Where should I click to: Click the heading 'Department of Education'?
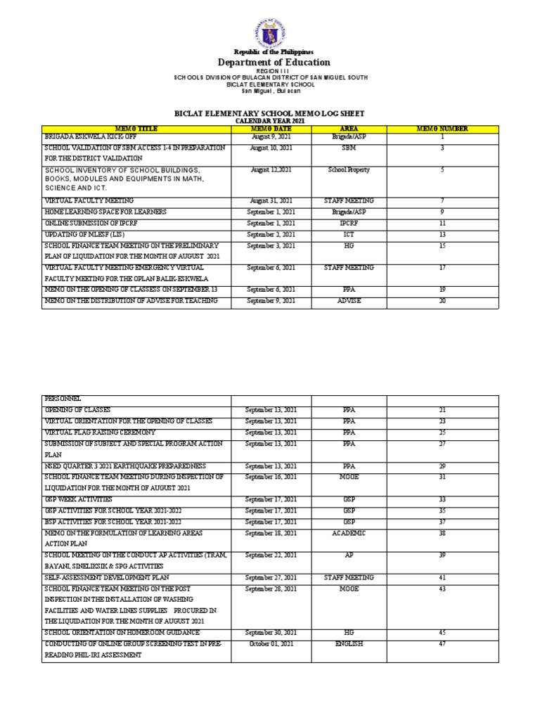pos(271,63)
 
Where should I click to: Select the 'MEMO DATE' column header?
pos(271,129)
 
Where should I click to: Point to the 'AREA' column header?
pos(349,129)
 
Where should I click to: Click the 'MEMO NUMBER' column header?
pos(442,129)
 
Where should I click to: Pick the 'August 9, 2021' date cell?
pos(271,136)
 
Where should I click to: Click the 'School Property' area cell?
pos(349,170)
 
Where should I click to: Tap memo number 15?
pos(442,245)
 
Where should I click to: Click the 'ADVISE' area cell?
pos(349,301)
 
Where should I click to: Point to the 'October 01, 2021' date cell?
pos(271,643)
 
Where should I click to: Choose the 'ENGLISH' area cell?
pos(349,643)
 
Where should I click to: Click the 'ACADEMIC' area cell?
pos(349,534)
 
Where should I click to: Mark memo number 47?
pos(442,643)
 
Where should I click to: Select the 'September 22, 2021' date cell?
pos(271,555)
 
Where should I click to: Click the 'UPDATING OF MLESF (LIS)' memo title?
pos(85,234)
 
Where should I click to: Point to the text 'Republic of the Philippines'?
pos(271,52)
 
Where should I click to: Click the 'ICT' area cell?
pos(349,234)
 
